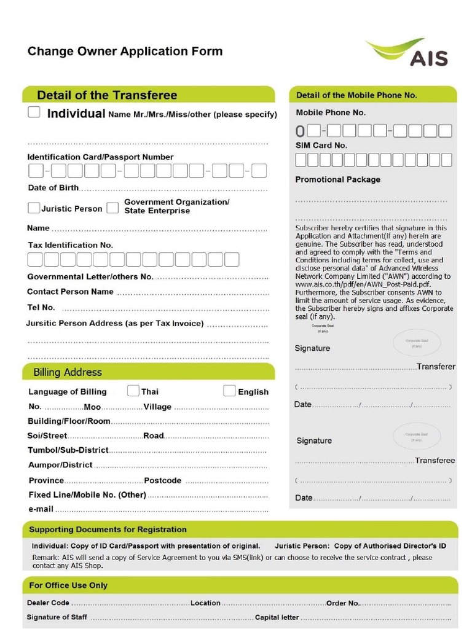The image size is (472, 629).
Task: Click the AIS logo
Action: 407,52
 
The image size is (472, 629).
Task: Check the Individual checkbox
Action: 34,112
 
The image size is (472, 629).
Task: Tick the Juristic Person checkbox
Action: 34,208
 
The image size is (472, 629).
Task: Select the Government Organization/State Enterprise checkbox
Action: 112,208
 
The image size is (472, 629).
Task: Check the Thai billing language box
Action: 133,391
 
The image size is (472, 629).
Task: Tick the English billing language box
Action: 229,391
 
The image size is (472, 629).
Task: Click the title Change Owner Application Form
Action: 125,51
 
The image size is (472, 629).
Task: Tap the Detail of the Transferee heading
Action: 107,95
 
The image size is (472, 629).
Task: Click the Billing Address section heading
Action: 68,372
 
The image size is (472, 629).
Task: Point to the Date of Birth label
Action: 53,187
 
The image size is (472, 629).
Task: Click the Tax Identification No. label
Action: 70,244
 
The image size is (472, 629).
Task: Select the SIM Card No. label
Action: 321,145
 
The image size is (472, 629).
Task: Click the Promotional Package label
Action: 337,179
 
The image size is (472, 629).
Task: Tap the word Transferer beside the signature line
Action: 436,367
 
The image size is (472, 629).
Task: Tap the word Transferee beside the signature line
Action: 435,460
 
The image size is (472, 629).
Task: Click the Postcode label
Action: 162,480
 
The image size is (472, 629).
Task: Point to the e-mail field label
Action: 41,509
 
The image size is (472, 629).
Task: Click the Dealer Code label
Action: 48,603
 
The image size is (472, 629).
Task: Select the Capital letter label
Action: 277,617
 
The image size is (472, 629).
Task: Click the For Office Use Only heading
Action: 68,585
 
